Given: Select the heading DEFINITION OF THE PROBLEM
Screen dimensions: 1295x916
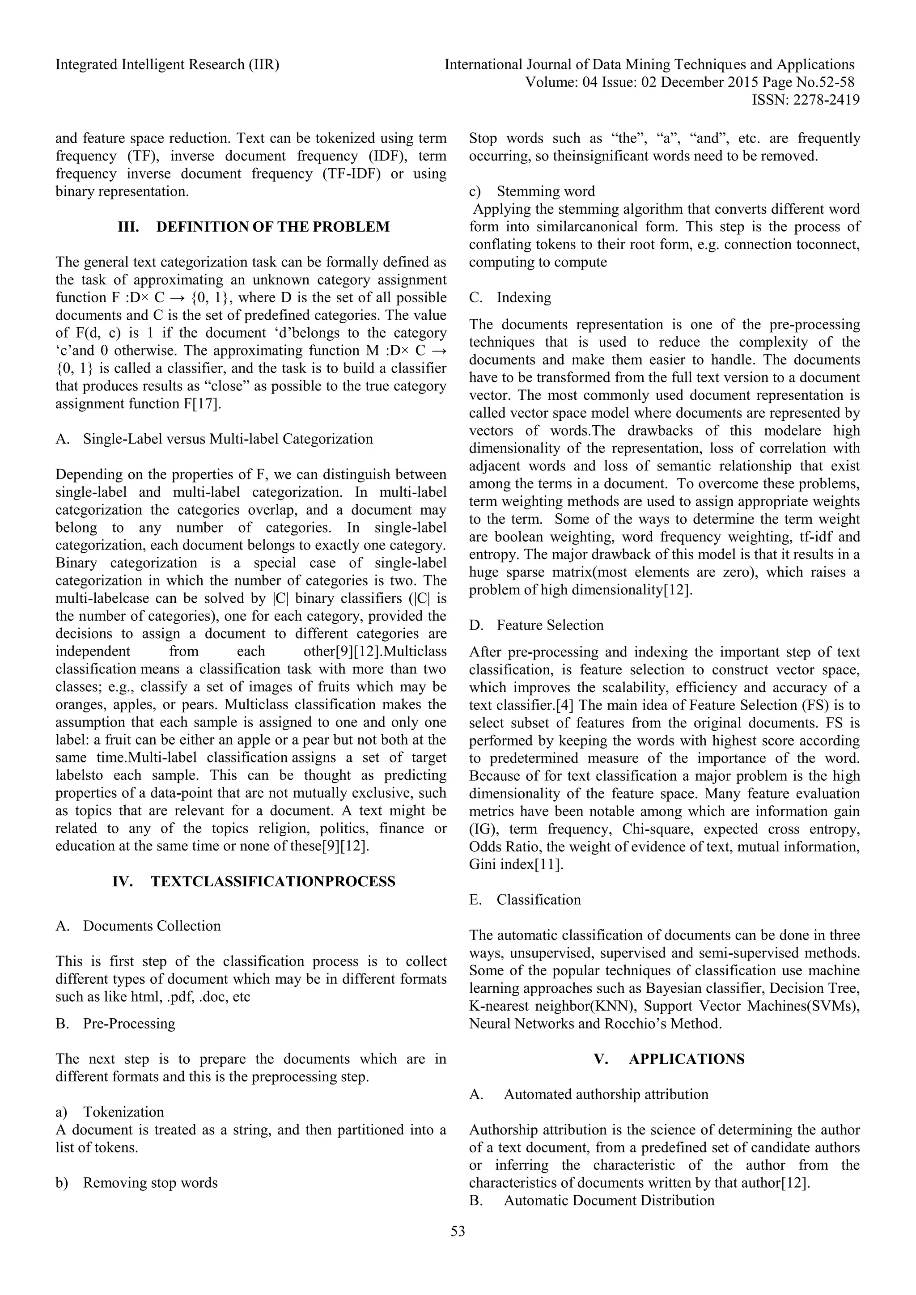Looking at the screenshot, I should click(272, 227).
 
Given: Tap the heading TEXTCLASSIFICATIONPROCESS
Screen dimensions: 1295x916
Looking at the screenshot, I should click(273, 881).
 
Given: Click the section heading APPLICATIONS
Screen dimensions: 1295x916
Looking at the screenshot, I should click(687, 1059).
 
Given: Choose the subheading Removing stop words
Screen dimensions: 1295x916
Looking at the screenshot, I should click(150, 1182).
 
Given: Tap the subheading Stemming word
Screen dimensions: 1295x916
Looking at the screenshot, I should click(545, 191).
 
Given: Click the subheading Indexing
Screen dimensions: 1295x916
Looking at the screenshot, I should click(523, 297).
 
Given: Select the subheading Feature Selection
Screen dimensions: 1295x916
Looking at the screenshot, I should click(550, 625).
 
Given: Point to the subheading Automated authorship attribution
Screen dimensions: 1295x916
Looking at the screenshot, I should click(606, 1094).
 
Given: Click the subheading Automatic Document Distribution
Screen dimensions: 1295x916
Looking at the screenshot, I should click(609, 1200).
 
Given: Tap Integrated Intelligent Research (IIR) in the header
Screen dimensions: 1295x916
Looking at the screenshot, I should click(168, 65).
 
